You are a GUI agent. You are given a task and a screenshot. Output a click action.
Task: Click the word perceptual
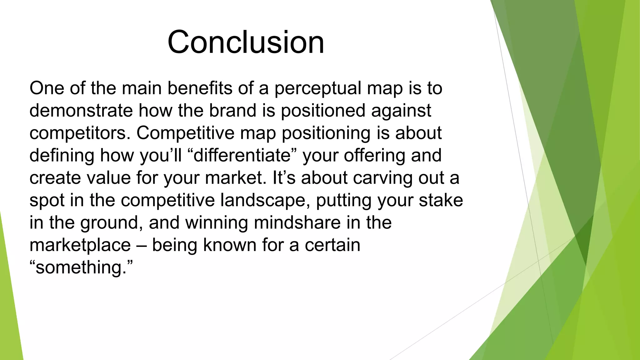[317, 88]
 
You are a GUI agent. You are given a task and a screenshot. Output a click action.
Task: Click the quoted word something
[81, 267]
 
